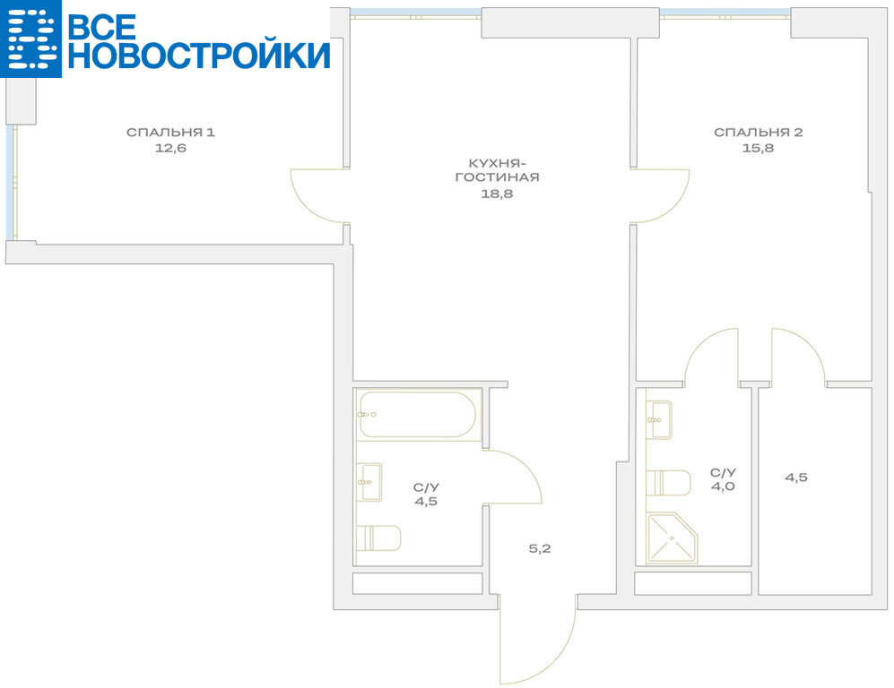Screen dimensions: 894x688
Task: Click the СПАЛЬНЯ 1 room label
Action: click(170, 133)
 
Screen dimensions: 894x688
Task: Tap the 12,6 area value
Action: click(170, 149)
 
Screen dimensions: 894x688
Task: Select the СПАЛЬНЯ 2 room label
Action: click(759, 133)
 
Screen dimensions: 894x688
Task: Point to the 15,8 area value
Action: click(759, 149)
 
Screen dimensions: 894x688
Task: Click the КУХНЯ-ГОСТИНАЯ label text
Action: click(497, 170)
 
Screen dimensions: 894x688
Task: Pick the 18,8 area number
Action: click(497, 193)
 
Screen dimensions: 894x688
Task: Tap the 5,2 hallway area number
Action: click(540, 549)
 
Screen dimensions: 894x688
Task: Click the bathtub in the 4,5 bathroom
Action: click(417, 415)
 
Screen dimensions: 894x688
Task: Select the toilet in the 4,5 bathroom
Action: click(378, 538)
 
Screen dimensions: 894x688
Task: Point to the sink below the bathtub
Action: click(369, 482)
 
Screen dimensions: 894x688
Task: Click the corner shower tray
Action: click(673, 537)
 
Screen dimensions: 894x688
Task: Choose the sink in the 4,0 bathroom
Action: click(659, 420)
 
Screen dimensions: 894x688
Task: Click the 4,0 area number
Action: click(723, 487)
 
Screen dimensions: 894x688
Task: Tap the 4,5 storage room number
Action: click(796, 477)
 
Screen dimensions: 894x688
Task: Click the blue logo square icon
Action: click(30, 39)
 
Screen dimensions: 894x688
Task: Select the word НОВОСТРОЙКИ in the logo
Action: click(199, 56)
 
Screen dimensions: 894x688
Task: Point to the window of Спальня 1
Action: click(11, 182)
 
